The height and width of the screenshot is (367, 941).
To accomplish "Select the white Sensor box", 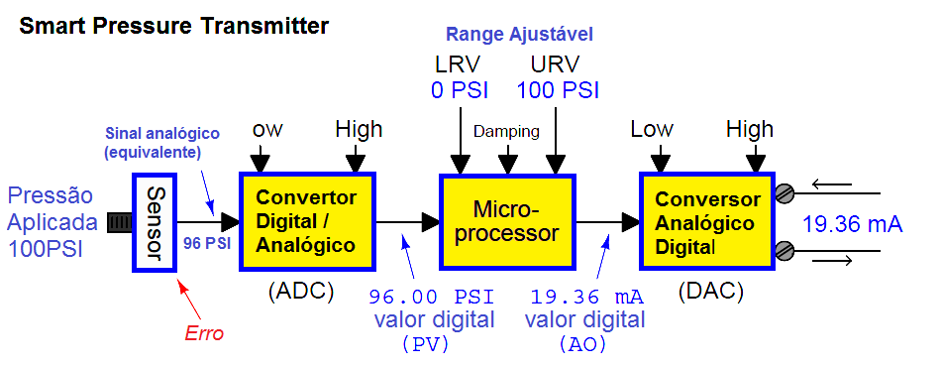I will pyautogui.click(x=154, y=223).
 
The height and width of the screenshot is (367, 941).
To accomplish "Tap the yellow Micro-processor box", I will pyautogui.click(x=505, y=221).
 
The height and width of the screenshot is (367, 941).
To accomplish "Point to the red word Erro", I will pyautogui.click(x=205, y=333).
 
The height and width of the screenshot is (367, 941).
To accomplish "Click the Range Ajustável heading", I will pyautogui.click(x=519, y=35).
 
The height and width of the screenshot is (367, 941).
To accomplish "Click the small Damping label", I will pyautogui.click(x=506, y=131).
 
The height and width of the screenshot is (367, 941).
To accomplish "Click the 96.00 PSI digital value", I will pyautogui.click(x=432, y=297).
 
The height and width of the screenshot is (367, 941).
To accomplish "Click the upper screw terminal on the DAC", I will pyautogui.click(x=784, y=192).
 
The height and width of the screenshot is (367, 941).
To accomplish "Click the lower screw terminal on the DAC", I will pyautogui.click(x=784, y=249).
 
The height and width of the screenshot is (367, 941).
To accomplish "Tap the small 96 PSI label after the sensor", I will pyautogui.click(x=206, y=241).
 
